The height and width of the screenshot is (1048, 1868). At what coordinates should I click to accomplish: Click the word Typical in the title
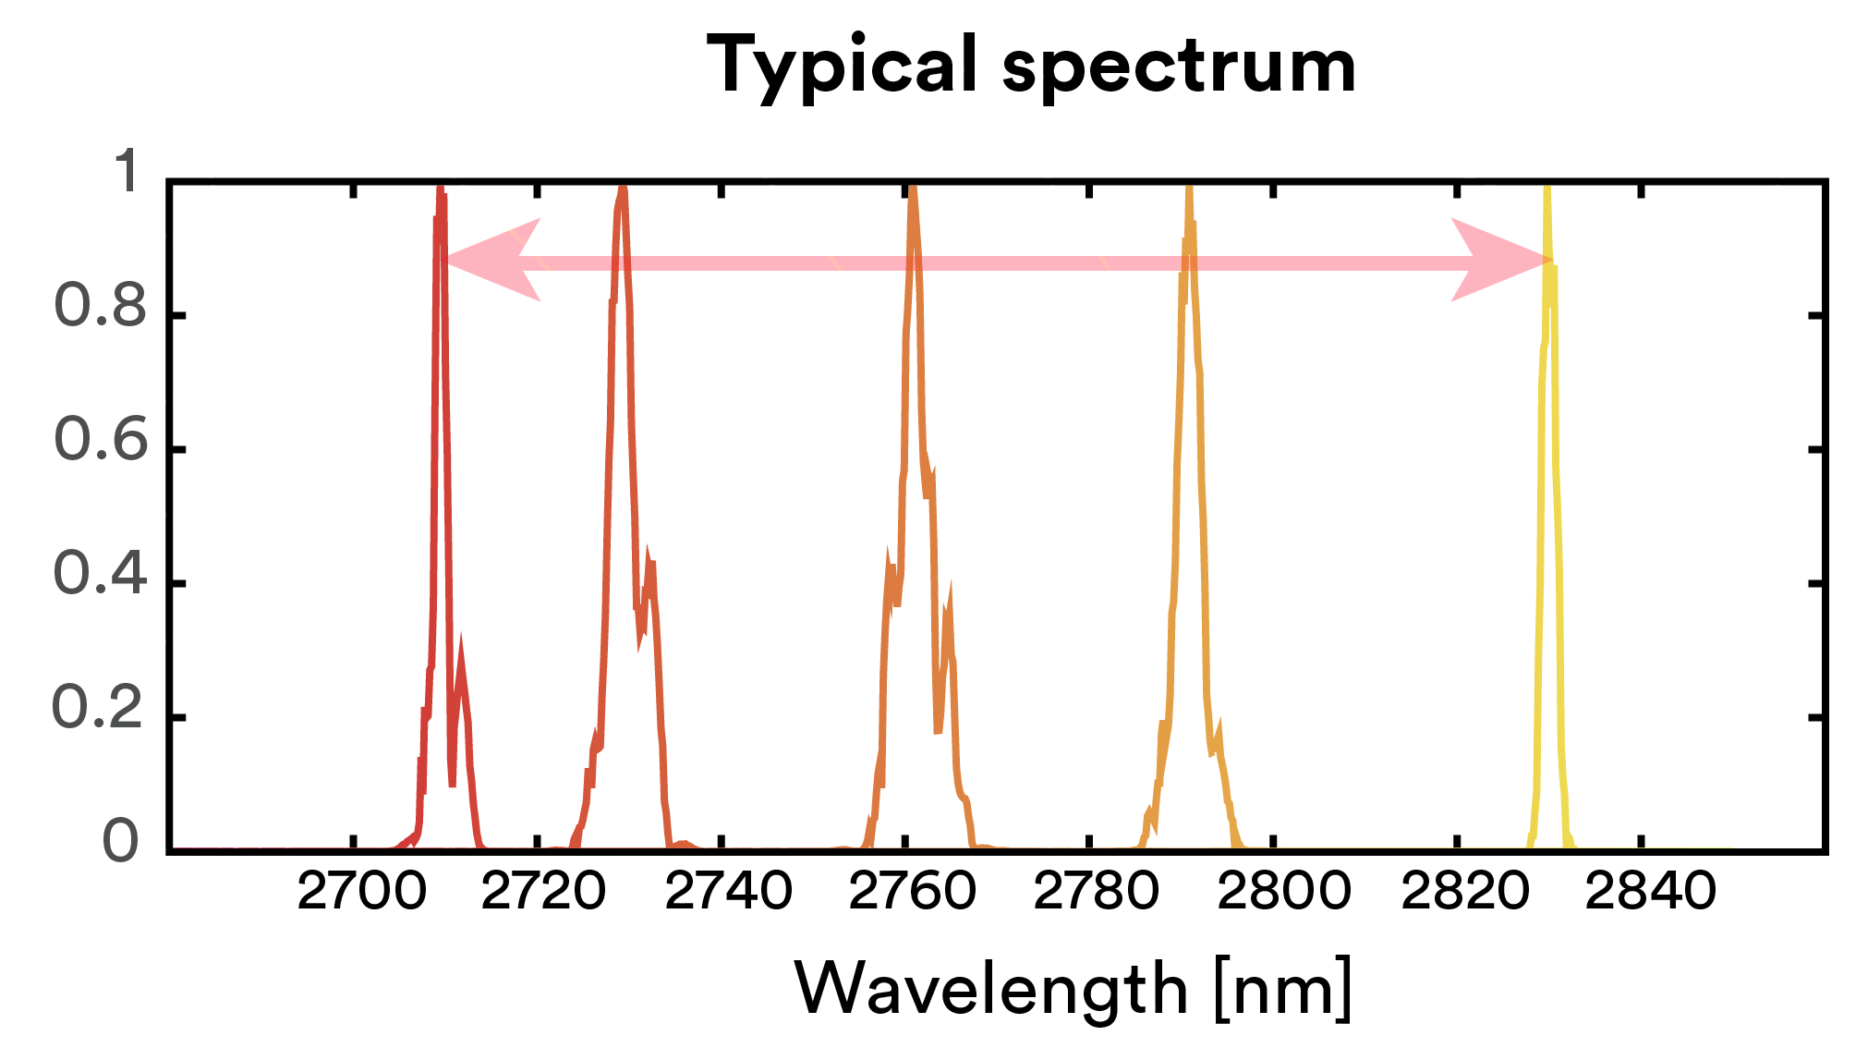pyautogui.click(x=841, y=67)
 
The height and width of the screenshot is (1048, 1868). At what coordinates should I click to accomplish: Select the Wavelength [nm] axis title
pyautogui.click(x=1073, y=988)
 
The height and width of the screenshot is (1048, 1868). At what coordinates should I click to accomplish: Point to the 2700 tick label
pyautogui.click(x=361, y=892)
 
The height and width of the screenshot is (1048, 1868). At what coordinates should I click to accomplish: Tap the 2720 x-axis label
pyautogui.click(x=544, y=892)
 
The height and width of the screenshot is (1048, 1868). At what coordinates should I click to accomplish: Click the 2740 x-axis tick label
pyautogui.click(x=728, y=892)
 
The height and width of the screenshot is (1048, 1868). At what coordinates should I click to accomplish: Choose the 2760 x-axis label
pyautogui.click(x=912, y=892)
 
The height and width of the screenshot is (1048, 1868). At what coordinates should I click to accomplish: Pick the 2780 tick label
pyautogui.click(x=1096, y=892)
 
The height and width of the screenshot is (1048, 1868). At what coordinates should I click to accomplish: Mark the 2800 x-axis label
pyautogui.click(x=1283, y=892)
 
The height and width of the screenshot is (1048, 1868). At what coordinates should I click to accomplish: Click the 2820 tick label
pyautogui.click(x=1465, y=892)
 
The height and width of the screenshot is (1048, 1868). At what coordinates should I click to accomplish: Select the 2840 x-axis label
pyautogui.click(x=1650, y=892)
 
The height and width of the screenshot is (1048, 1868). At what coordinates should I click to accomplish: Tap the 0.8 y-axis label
pyautogui.click(x=100, y=306)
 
